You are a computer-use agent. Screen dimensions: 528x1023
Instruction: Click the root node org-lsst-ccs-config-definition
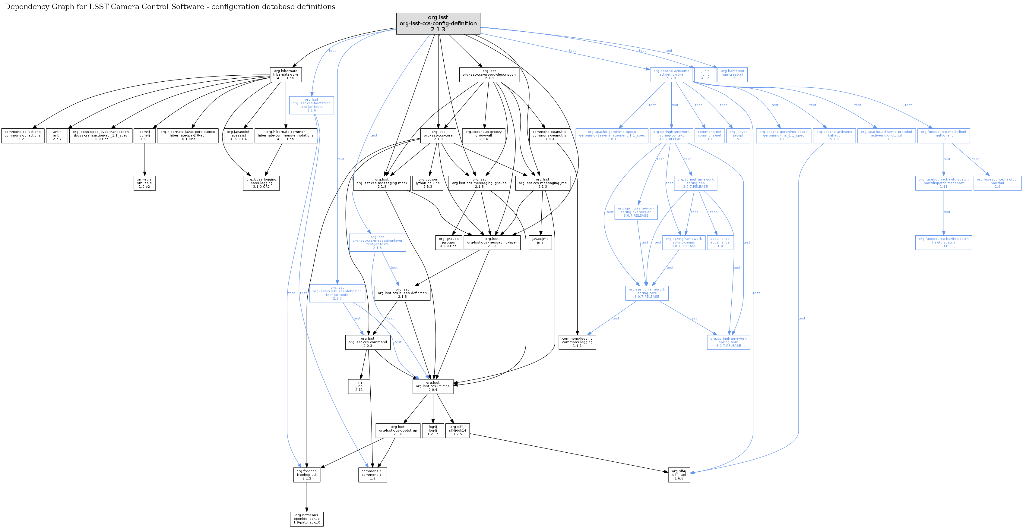(x=438, y=24)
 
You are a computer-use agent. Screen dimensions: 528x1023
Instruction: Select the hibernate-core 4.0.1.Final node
(x=286, y=74)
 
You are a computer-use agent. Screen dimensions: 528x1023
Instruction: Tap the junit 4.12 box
(x=705, y=74)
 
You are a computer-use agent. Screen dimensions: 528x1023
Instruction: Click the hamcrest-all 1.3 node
(x=732, y=74)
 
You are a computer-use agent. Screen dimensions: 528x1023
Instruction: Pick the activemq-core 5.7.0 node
(x=671, y=74)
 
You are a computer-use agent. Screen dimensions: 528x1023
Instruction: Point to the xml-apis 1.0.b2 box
(x=144, y=183)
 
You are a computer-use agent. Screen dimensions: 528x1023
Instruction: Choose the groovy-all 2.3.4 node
(x=483, y=135)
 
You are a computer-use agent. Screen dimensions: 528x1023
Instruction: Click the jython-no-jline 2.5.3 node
(x=428, y=183)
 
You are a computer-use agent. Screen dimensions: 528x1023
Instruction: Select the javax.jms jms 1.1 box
(x=540, y=242)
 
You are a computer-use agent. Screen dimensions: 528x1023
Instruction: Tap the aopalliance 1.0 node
(x=720, y=242)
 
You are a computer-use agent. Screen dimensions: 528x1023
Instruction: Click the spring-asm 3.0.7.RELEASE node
(x=728, y=342)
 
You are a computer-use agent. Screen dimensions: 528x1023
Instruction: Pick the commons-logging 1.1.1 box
(x=577, y=342)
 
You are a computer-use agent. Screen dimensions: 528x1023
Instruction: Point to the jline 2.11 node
(x=359, y=386)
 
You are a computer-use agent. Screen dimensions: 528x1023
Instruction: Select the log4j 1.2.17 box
(x=432, y=430)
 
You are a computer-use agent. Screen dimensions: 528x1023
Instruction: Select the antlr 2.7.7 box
(x=57, y=135)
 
